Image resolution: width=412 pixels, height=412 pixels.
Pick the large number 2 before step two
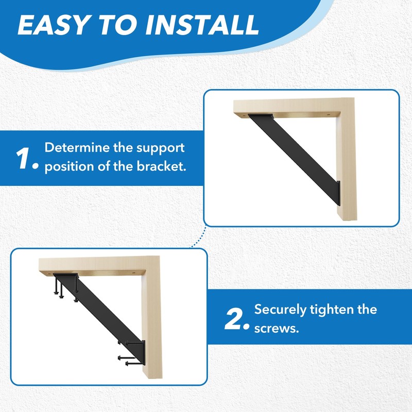236,319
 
